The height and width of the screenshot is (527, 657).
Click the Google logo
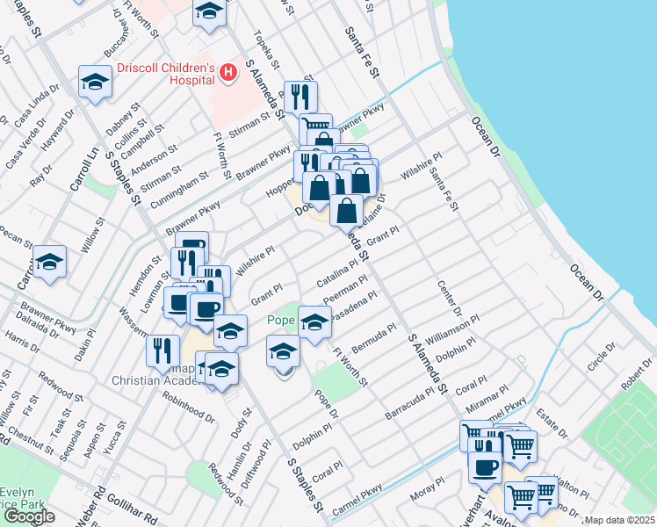29,516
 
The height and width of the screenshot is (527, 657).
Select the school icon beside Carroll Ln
50,262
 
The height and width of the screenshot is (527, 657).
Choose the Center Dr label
448,300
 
